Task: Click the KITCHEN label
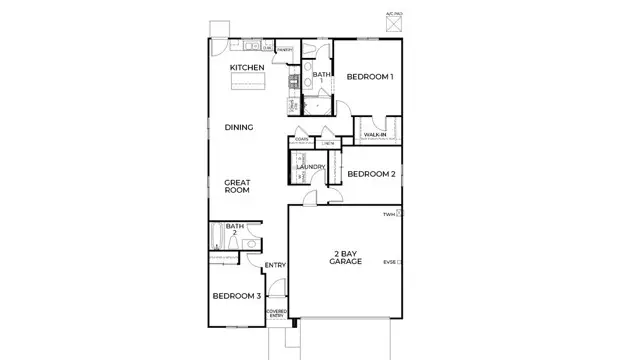247,67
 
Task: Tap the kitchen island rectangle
248,83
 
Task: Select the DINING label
238,127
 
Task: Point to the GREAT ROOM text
237,186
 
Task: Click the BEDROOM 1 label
369,77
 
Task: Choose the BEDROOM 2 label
371,174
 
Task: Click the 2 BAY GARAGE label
346,258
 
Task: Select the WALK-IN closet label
375,133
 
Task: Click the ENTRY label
275,265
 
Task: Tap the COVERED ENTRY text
276,313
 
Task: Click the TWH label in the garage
388,214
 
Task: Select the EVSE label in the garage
389,262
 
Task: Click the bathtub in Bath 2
216,240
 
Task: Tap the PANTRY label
284,48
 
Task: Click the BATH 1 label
321,75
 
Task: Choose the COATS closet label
301,140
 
